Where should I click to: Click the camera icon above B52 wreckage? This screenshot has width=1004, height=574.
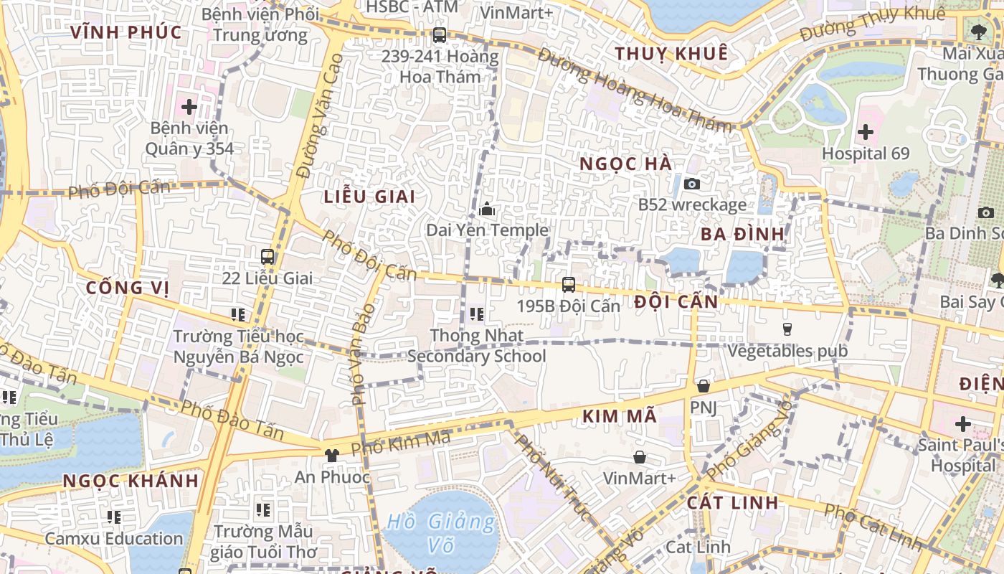[x=692, y=184]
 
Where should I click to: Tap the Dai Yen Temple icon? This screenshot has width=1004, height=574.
[x=487, y=210]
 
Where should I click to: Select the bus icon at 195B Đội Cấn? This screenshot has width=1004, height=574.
[x=569, y=284]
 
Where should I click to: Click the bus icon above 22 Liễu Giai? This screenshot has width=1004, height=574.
[x=267, y=256]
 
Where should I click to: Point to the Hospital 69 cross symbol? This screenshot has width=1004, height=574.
[x=866, y=132]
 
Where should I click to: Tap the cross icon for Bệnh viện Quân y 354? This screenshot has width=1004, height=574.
[x=189, y=108]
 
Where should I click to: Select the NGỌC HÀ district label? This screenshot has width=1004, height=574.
[x=626, y=164]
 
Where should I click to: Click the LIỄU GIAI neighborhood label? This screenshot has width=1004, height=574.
[x=369, y=197]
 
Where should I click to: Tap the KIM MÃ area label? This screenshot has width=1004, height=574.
[x=619, y=416]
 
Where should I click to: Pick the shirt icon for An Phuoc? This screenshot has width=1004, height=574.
[x=331, y=455]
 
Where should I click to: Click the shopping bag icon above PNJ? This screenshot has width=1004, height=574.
[x=704, y=386]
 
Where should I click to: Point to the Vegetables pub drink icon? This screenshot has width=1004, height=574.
[x=787, y=329]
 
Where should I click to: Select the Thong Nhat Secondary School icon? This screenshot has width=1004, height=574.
[x=477, y=314]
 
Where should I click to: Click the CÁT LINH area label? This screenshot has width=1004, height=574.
[x=732, y=502]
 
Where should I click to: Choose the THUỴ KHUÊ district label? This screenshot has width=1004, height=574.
[x=671, y=54]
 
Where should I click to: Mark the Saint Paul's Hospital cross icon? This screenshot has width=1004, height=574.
[x=962, y=423]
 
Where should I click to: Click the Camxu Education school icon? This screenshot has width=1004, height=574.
[x=114, y=517]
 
